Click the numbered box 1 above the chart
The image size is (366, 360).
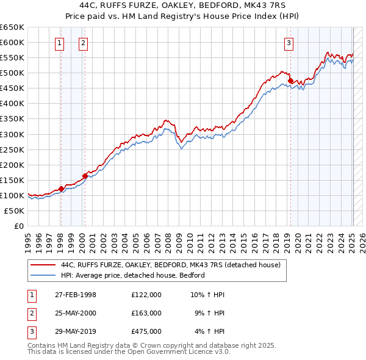(x=60, y=43)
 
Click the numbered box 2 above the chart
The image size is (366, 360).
(x=83, y=43)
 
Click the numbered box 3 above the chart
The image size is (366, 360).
(x=289, y=43)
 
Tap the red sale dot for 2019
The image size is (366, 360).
(x=290, y=81)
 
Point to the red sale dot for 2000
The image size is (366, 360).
(x=85, y=176)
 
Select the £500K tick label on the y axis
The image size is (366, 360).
(x=12, y=73)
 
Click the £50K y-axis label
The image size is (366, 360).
(x=15, y=211)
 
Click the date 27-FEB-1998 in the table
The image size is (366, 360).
(x=74, y=295)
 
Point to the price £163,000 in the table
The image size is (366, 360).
(x=146, y=313)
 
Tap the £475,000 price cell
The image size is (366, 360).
(x=146, y=331)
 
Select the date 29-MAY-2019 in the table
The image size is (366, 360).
(x=74, y=331)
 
